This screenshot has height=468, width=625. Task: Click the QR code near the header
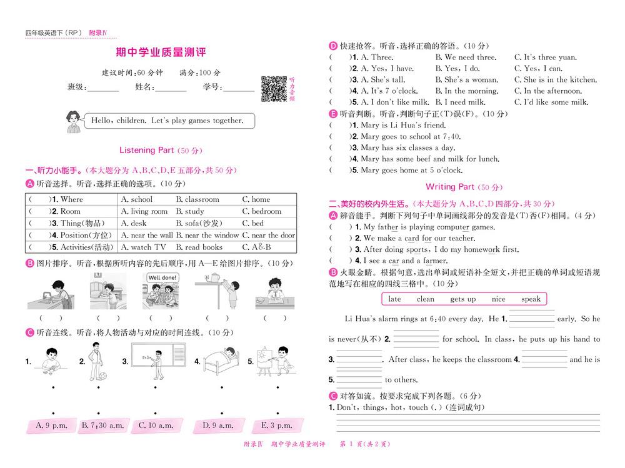[272, 88]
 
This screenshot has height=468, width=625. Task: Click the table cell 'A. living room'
[144, 211]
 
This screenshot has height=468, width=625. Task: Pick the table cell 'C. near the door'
[268, 236]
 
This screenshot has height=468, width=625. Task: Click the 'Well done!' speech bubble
[162, 277]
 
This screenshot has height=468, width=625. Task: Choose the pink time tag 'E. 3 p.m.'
[276, 426]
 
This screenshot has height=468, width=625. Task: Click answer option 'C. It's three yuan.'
[545, 57]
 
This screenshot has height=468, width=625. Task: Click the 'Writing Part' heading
[449, 187]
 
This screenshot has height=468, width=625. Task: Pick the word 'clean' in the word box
[425, 299]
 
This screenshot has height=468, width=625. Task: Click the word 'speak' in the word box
[531, 299]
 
